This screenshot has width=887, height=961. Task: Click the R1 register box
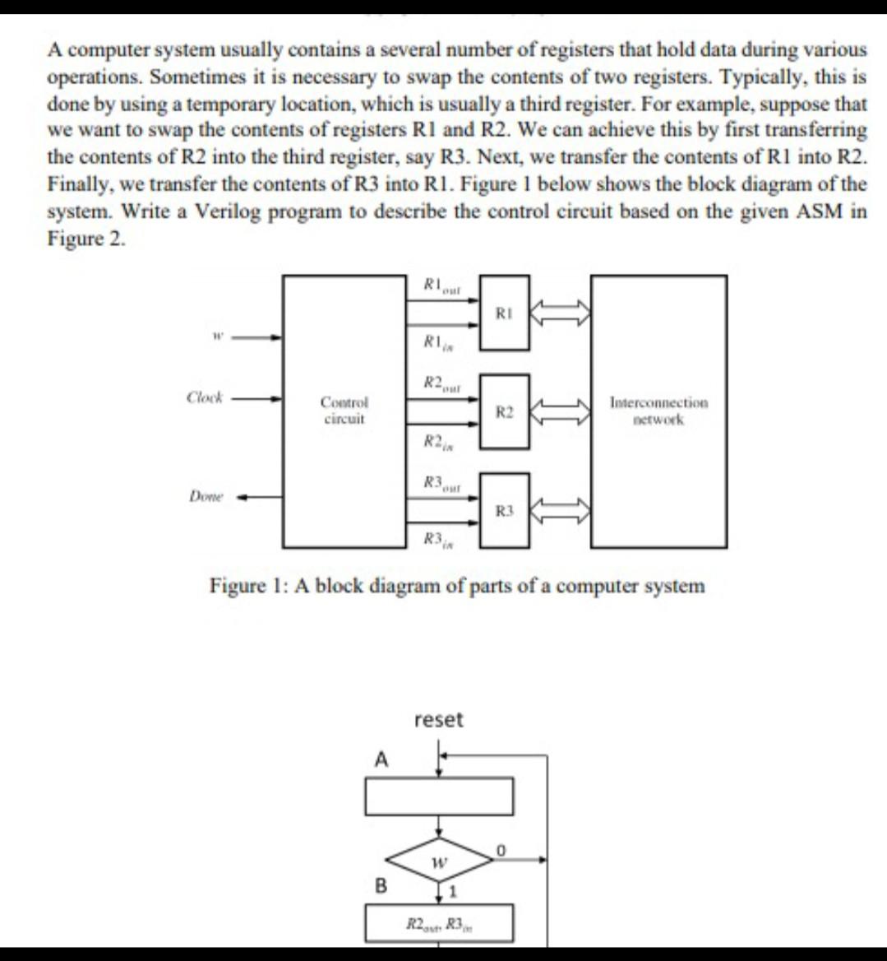[505, 313]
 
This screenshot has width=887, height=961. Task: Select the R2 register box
[505, 411]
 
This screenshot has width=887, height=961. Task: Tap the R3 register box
[505, 511]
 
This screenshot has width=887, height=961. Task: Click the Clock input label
[205, 397]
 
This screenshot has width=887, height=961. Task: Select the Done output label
[205, 496]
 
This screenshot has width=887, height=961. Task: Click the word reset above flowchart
[439, 720]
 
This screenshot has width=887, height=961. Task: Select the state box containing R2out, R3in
[439, 923]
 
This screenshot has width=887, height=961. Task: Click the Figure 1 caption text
[457, 587]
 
